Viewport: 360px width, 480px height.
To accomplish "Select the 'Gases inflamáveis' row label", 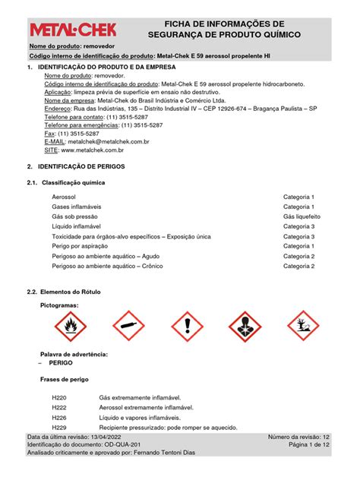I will tap(76, 207).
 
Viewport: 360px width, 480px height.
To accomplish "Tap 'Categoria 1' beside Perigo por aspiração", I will tap(298, 246).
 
